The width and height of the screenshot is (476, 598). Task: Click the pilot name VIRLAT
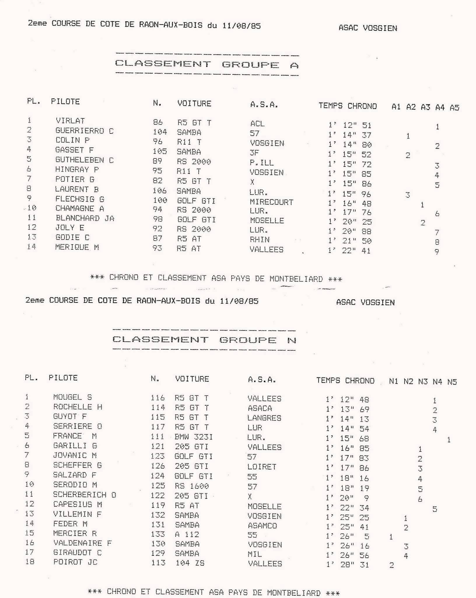point(70,121)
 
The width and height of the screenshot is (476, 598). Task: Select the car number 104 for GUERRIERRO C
point(160,132)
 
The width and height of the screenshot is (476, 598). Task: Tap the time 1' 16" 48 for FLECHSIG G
point(349,204)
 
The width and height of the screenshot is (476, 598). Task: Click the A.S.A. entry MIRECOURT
point(271,202)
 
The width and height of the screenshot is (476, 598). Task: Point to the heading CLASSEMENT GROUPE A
point(207,64)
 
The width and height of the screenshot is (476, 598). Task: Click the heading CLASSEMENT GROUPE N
point(204,340)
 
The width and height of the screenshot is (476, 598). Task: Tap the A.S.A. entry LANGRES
point(264,418)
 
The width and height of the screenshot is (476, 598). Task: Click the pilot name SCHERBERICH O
point(85,495)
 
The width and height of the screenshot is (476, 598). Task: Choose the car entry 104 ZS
point(190,563)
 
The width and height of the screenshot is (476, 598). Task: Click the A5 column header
point(454,108)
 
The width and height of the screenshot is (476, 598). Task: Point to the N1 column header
point(393,381)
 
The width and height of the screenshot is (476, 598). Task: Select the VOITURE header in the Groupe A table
point(194,103)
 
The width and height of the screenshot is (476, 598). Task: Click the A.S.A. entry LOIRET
point(262,467)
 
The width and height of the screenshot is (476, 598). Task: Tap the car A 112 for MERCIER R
point(187,534)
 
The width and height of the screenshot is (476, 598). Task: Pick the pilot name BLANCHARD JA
point(85,218)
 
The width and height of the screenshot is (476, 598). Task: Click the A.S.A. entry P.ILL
point(262,162)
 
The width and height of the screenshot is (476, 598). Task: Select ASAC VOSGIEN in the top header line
point(367,28)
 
